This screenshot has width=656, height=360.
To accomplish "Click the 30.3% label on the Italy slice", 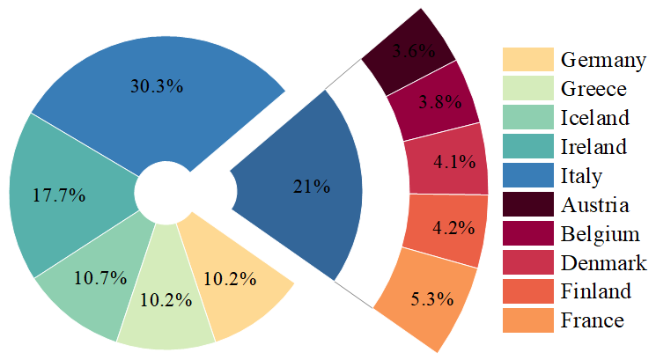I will [157, 86].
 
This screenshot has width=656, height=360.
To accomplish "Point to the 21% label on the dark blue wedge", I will [311, 187].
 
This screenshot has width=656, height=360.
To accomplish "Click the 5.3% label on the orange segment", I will [432, 298].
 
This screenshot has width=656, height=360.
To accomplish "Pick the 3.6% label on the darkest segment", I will [414, 51].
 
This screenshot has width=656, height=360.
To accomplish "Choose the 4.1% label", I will [454, 162].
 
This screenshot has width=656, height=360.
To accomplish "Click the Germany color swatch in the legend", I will [527, 60].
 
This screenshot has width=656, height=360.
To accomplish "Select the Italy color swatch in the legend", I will [527, 176].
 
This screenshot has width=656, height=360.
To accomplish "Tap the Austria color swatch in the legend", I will [527, 205].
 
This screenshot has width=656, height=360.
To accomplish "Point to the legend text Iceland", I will [594, 118].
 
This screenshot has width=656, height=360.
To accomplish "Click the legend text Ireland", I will [593, 147].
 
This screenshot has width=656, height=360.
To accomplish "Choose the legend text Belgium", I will [600, 234].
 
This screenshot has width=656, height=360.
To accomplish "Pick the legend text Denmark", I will [603, 263].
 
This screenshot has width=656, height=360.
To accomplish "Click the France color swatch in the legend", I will [527, 320].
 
